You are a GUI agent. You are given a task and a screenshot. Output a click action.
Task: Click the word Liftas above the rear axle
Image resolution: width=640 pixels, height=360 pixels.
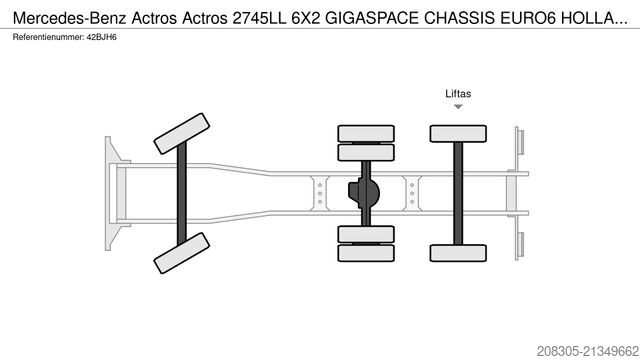point(458,94)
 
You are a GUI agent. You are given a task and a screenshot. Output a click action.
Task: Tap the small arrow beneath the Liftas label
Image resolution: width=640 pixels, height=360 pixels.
point(458,107)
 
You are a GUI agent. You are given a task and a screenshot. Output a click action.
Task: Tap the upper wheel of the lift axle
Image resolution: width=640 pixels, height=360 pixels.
point(458,133)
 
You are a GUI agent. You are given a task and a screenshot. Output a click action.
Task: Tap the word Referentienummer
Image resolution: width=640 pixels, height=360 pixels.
point(44,37)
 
